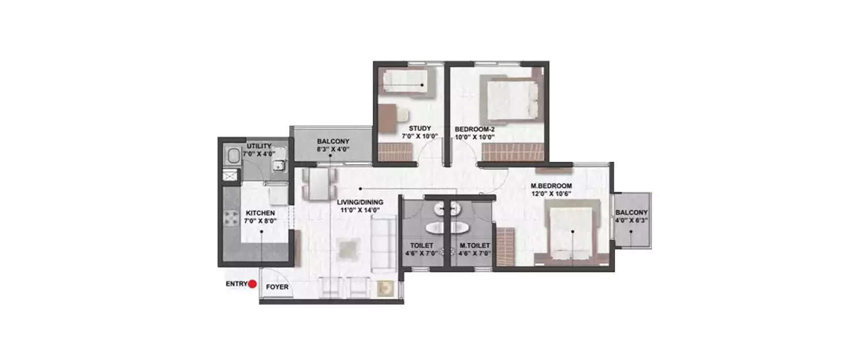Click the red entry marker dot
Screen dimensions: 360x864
[252, 283]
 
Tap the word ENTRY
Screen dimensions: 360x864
[236, 283]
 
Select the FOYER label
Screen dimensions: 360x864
[277, 287]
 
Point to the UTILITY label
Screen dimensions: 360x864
[259, 146]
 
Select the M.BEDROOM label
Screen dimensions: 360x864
[551, 185]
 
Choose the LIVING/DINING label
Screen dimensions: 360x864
[360, 202]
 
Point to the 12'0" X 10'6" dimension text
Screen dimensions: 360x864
[551, 194]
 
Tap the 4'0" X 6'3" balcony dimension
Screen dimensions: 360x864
[631, 219]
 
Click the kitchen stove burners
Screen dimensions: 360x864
[232, 217]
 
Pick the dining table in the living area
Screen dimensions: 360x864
[318, 184]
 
